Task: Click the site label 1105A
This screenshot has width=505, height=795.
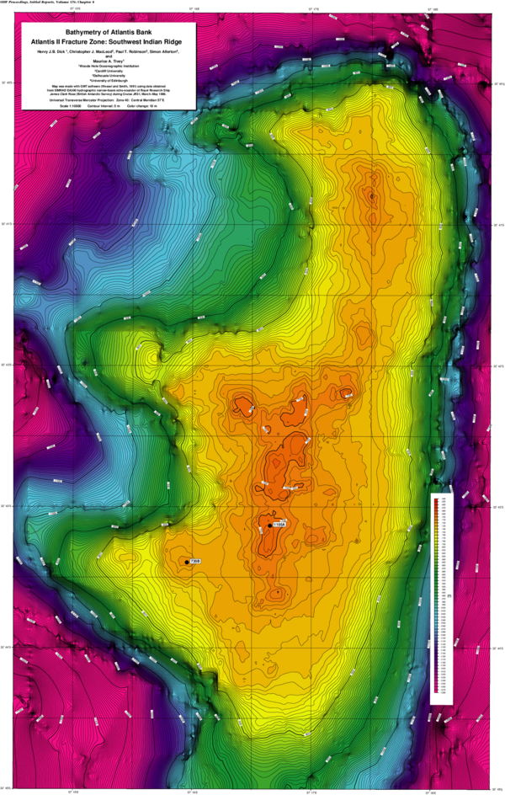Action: (x=280, y=525)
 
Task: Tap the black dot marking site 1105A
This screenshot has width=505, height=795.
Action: (x=269, y=526)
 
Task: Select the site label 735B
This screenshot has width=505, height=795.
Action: (x=194, y=561)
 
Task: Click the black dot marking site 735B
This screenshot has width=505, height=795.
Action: (x=186, y=562)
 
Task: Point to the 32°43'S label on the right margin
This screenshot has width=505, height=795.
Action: (x=498, y=366)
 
